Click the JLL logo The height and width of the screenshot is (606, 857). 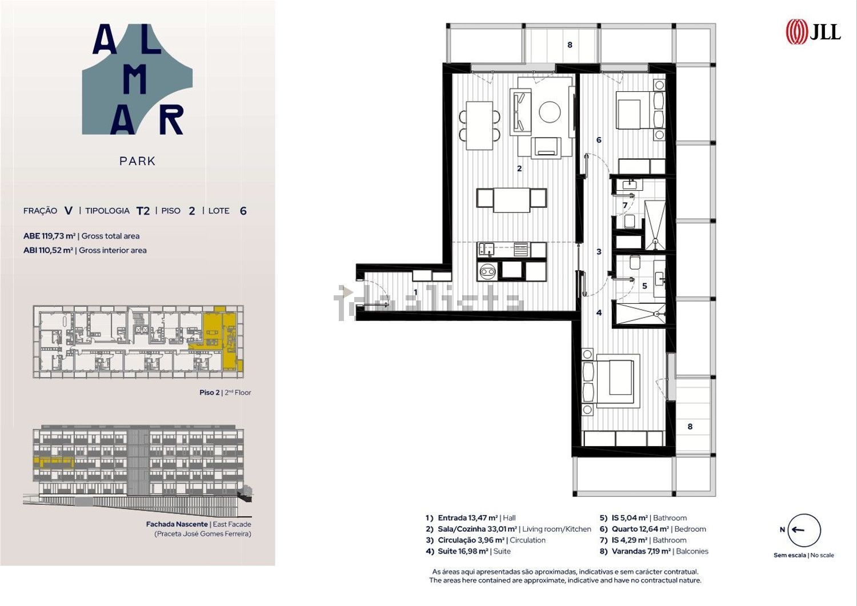(813, 32)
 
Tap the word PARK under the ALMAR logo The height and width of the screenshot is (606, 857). (137, 161)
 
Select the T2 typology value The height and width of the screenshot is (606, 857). (143, 211)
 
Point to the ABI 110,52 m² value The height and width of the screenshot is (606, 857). (48, 250)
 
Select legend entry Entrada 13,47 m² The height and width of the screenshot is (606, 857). (467, 518)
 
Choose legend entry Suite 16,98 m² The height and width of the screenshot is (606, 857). (463, 551)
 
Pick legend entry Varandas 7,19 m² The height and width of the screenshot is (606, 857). (641, 551)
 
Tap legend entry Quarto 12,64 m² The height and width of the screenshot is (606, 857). (640, 529)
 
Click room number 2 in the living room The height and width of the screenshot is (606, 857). (519, 168)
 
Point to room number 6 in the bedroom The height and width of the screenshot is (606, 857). (599, 140)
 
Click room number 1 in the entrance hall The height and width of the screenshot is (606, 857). (415, 292)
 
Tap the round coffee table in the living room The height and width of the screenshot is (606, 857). (550, 112)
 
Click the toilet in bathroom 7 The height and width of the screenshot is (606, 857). (630, 221)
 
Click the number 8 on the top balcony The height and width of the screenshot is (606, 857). (570, 45)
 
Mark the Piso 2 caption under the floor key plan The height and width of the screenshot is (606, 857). (210, 392)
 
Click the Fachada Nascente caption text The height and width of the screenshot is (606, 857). (177, 524)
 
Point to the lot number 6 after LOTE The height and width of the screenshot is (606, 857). (243, 211)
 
